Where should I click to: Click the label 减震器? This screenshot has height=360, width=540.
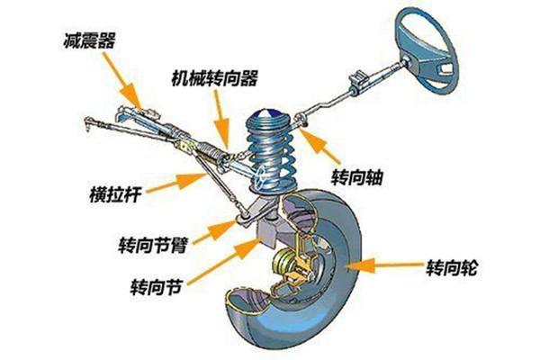pyautogui.click(x=89, y=41)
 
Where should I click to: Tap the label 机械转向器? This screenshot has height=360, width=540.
pyautogui.click(x=214, y=78)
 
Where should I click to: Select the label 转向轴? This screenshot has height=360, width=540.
pyautogui.click(x=356, y=177)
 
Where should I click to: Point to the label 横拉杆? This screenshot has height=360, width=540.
pyautogui.click(x=115, y=194)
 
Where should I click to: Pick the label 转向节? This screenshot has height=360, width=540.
pyautogui.click(x=156, y=286)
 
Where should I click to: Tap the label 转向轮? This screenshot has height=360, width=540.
pyautogui.click(x=452, y=267)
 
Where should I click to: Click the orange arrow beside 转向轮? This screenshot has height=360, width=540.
pyautogui.click(x=383, y=265)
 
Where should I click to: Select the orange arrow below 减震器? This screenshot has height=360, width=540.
pyautogui.click(x=122, y=81)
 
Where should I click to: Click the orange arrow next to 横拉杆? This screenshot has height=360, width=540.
pyautogui.click(x=175, y=183)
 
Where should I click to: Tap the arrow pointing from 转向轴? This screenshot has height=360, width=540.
pyautogui.click(x=319, y=146)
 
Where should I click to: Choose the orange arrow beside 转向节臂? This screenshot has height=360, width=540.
pyautogui.click(x=214, y=230)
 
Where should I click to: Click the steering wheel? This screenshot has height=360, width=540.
pyautogui.click(x=428, y=51)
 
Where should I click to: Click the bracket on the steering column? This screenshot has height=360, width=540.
pyautogui.click(x=356, y=81)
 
